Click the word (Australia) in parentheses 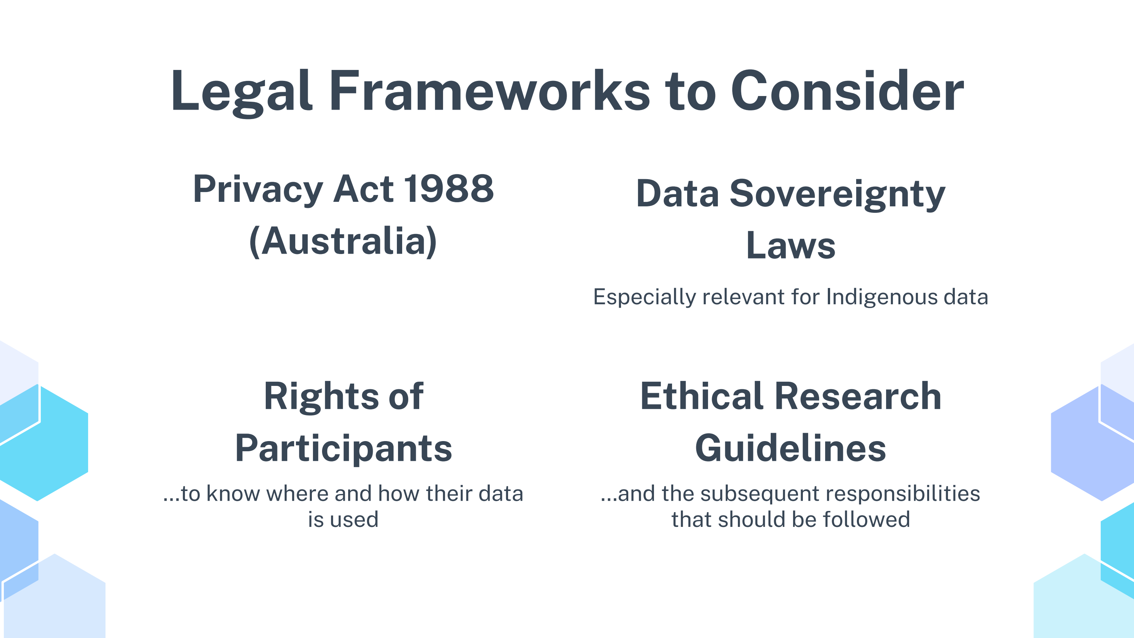pyautogui.click(x=343, y=241)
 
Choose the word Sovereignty pyautogui.click(x=837, y=195)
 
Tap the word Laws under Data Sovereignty pyautogui.click(x=791, y=245)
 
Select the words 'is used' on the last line pyautogui.click(x=343, y=520)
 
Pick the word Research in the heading pyautogui.click(x=858, y=396)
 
